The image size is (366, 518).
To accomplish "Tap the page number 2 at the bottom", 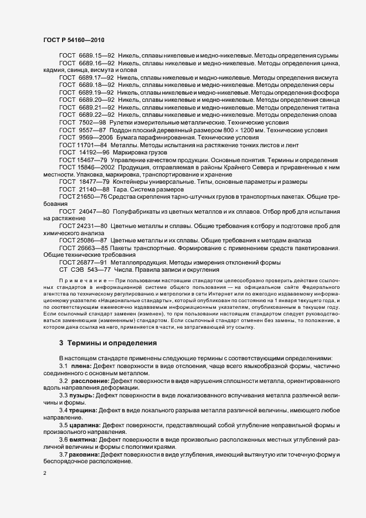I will (x=44, y=474).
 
